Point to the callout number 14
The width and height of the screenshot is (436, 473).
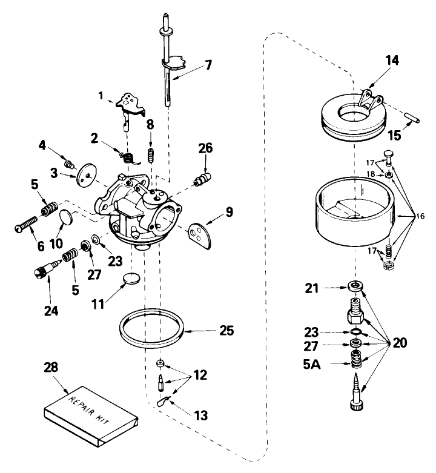pos(392,60)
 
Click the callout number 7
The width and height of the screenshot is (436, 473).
pos(208,65)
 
